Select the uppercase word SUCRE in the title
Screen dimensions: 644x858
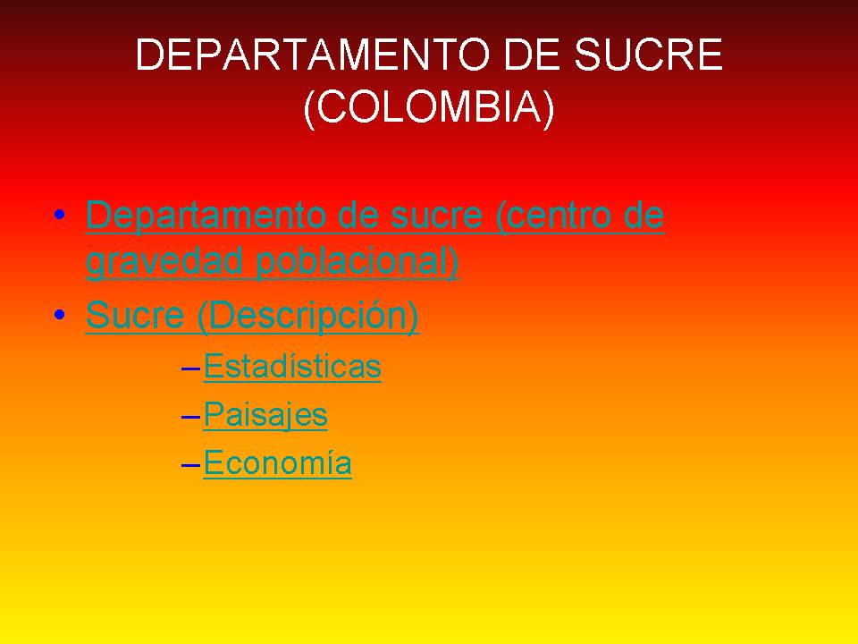(x=648, y=56)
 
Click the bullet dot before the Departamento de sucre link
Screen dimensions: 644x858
(x=59, y=216)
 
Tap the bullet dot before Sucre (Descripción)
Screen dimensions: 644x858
(x=59, y=315)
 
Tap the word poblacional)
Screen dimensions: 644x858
(x=357, y=262)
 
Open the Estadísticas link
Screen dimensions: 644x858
(x=292, y=367)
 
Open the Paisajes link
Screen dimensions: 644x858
(x=265, y=415)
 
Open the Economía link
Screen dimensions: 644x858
(x=277, y=463)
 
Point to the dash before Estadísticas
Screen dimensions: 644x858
(x=189, y=369)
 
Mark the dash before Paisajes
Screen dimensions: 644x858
(x=189, y=417)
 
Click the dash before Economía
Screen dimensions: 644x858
(x=189, y=465)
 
